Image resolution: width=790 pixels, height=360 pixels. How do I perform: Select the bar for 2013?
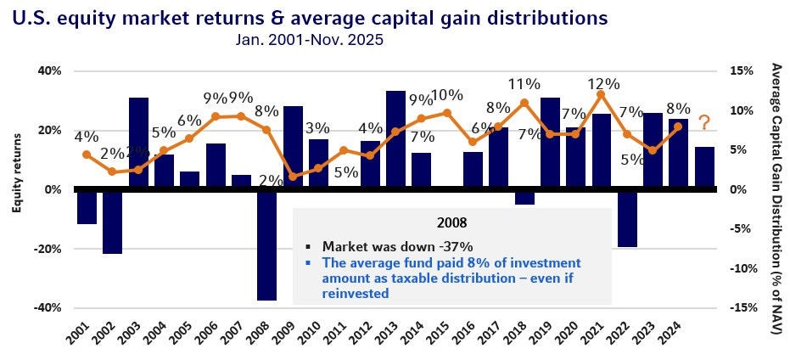point(395,139)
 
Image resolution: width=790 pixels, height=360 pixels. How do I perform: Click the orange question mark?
point(703,124)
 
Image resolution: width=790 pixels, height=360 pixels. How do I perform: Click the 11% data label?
point(524,83)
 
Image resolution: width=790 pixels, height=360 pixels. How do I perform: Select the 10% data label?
point(446,95)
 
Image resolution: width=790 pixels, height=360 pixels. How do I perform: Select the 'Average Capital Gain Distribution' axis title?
point(775,195)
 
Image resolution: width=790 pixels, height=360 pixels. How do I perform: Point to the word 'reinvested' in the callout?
point(356,293)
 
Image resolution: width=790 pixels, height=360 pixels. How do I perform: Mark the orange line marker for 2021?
point(601,94)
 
